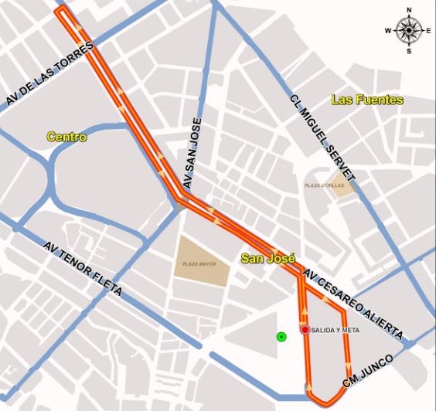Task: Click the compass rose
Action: coord(409,30)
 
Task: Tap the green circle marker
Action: coord(281,336)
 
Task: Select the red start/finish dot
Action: coord(305,330)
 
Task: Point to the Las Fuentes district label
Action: coord(367,100)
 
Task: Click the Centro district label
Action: coord(66,137)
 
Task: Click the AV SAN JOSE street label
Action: coord(192,154)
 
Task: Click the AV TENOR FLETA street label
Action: coord(83,270)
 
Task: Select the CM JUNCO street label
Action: coord(368,372)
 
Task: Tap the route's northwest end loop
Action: coord(63,12)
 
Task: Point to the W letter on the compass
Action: coord(389,30)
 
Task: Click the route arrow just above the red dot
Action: coord(305,317)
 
